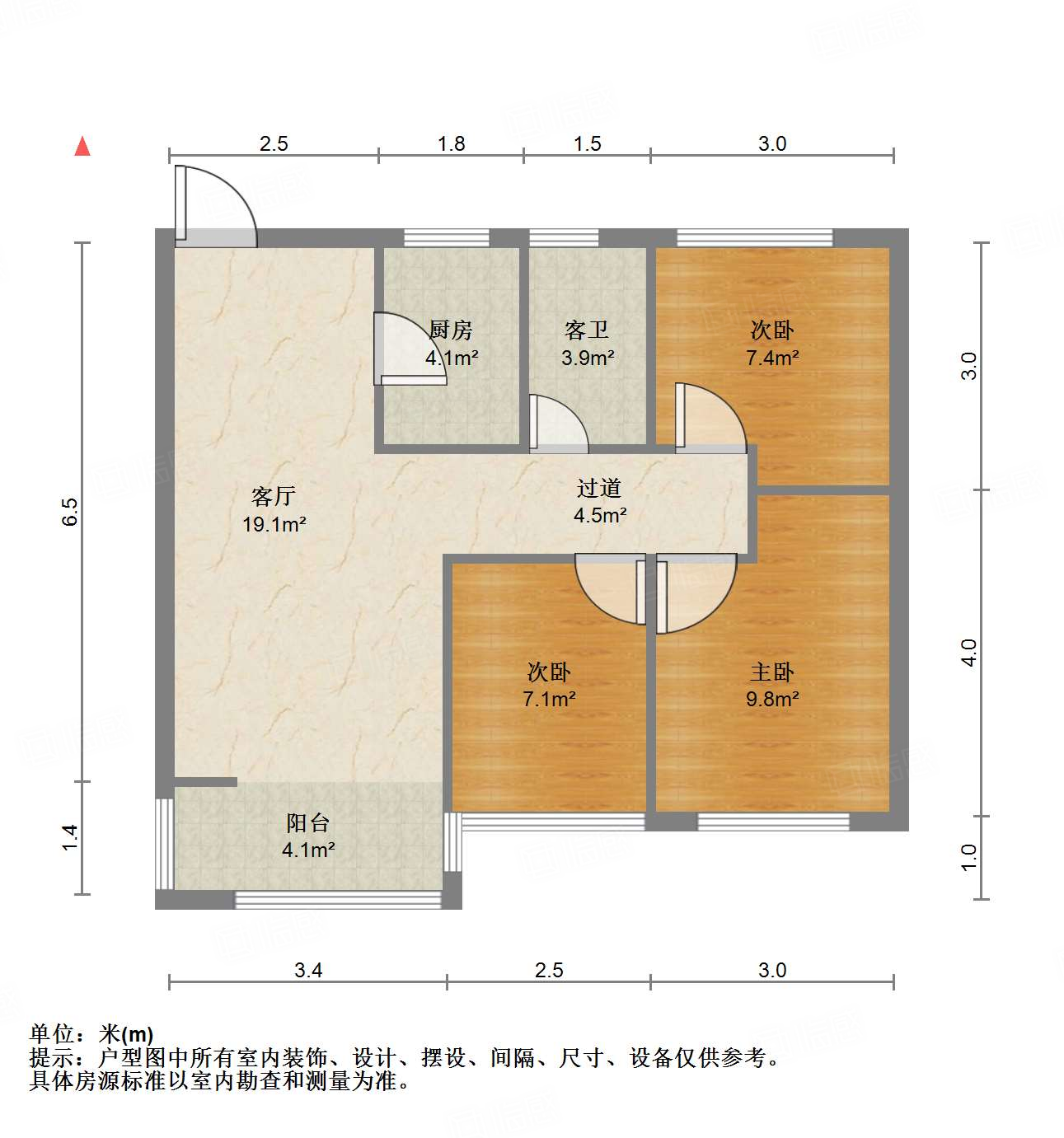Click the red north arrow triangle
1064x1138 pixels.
coord(82,147)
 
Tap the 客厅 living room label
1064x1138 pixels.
coord(274,496)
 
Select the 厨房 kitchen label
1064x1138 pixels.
coord(451,330)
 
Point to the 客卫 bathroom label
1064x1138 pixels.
coord(587,330)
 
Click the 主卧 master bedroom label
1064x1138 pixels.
coord(772,672)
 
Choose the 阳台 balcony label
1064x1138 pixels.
coord(308,822)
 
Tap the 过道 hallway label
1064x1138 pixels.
coord(599,488)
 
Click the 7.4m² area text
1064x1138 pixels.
coord(772,358)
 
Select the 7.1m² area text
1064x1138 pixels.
coord(549,699)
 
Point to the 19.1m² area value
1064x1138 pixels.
coord(274,524)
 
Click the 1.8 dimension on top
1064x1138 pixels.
coord(452,143)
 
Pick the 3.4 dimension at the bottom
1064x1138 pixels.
coord(308,970)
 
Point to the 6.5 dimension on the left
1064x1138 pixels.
coord(71,512)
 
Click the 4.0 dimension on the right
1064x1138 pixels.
coord(970,653)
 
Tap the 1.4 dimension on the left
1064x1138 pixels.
coord(71,837)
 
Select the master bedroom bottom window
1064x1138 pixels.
coord(773,821)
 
